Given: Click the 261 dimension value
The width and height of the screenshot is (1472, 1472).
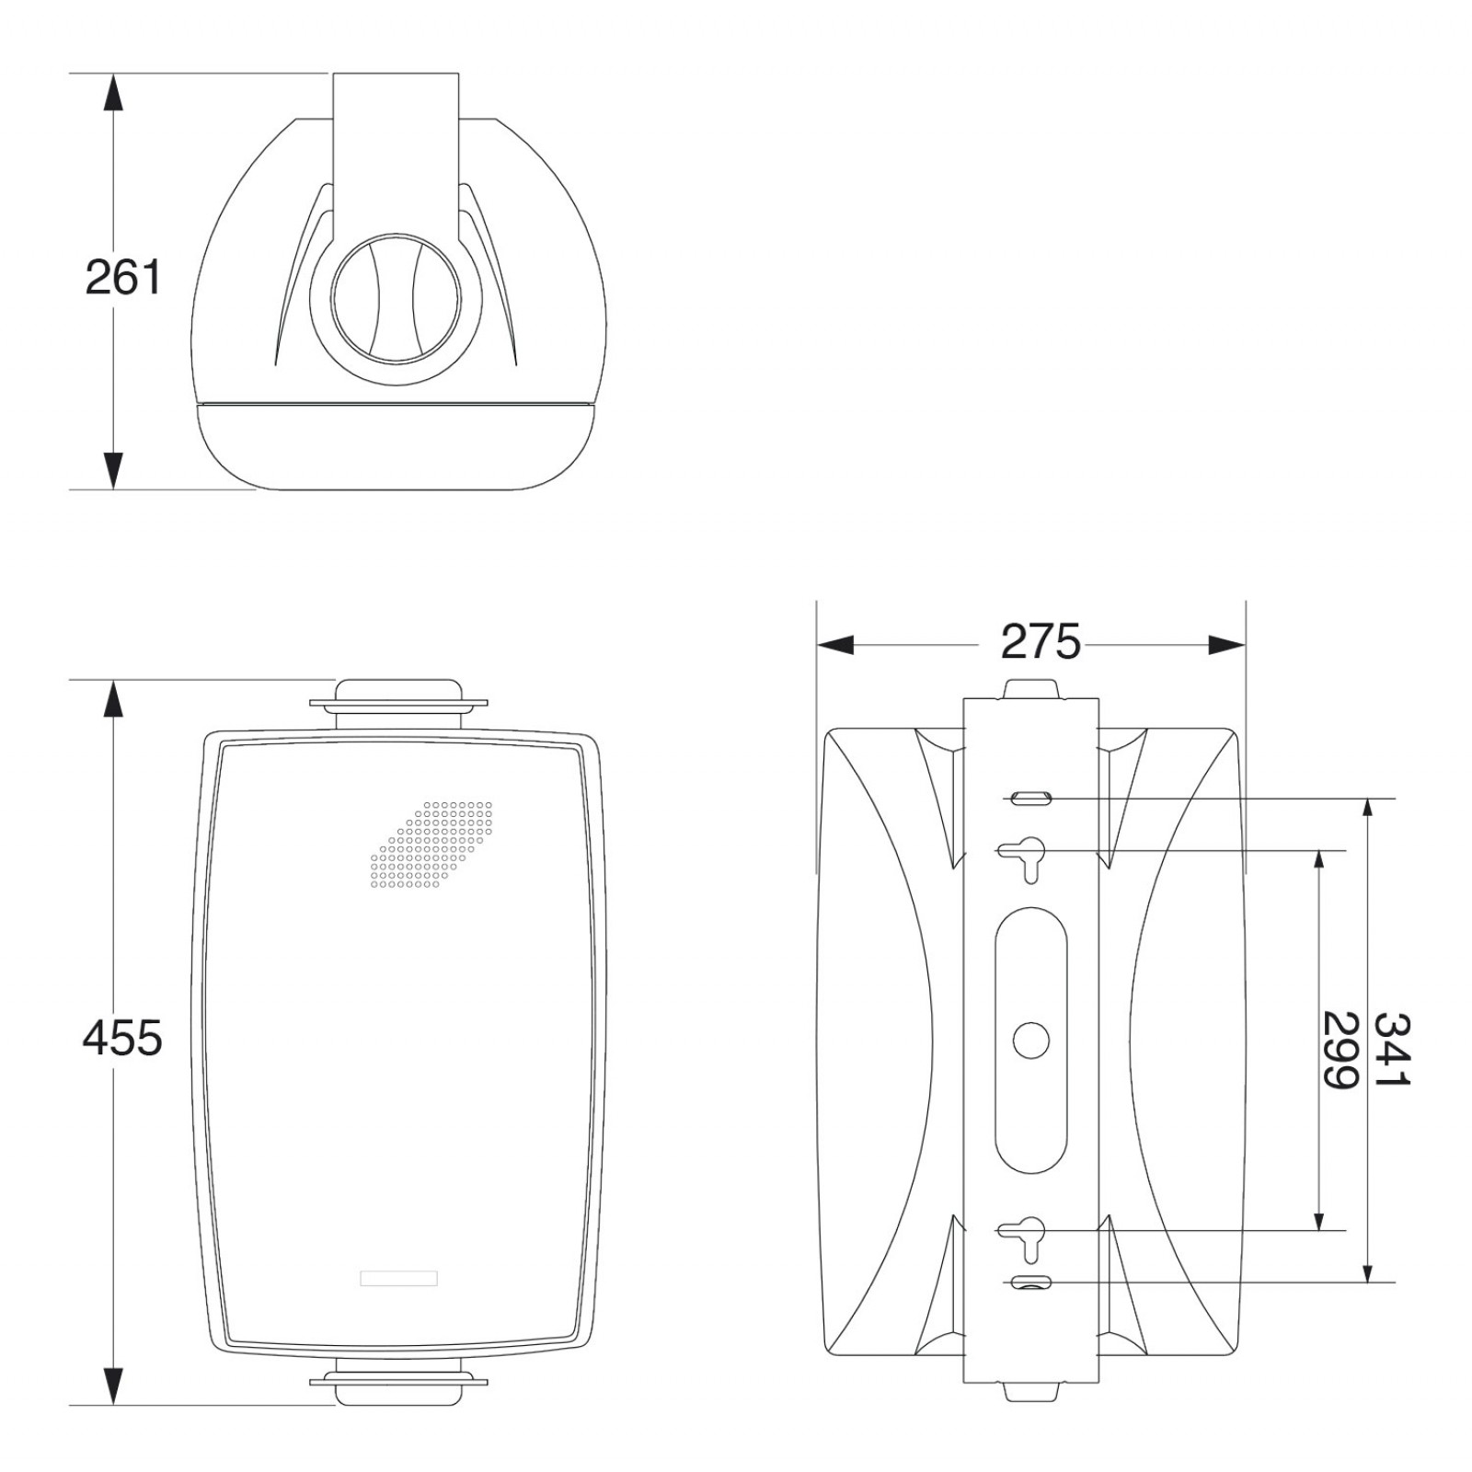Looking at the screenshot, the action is (122, 277).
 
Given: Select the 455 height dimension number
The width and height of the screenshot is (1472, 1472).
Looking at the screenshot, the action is (122, 1038).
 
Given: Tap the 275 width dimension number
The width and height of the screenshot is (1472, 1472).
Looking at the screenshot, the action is (1041, 641).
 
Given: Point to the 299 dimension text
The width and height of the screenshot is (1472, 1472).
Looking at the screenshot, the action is (1340, 1050).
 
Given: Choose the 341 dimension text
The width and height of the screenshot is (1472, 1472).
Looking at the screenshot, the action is (1392, 1050).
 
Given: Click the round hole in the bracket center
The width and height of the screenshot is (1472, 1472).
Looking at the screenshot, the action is (1030, 1040).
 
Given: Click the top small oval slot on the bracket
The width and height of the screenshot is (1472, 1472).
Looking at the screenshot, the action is (1030, 798).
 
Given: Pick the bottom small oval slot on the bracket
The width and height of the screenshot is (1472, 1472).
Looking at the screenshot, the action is (1030, 1282).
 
